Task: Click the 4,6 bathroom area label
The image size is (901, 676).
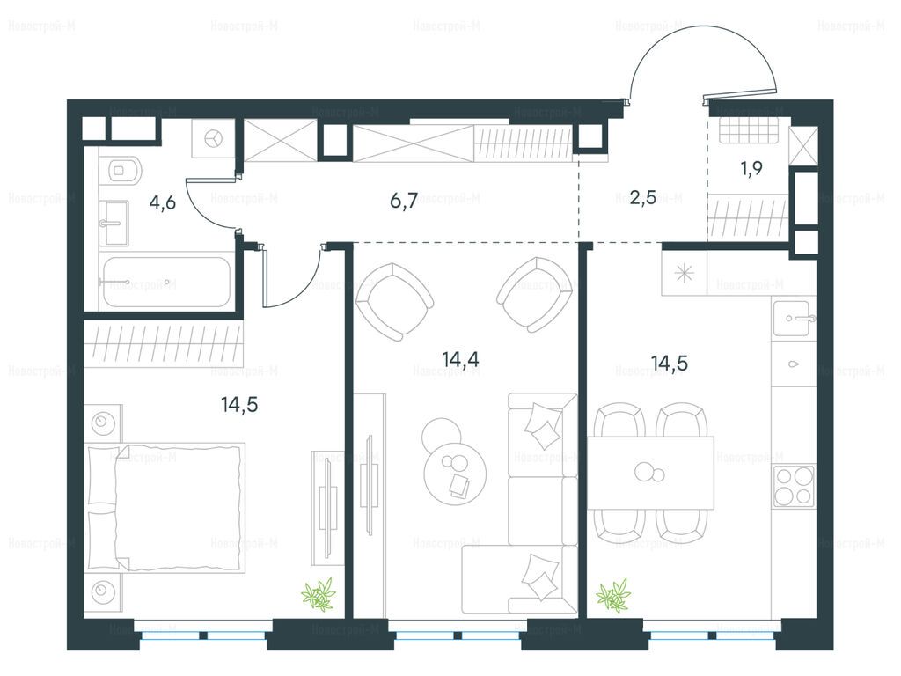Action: pos(162,203)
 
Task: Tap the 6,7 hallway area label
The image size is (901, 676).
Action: pos(404,202)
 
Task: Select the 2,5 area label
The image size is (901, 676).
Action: pos(643,200)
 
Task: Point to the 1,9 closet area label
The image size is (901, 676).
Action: pos(751,168)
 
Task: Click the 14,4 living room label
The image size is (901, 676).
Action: pos(461,359)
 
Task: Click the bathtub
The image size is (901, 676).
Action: pos(165,282)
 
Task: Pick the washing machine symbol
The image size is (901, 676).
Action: pos(213,138)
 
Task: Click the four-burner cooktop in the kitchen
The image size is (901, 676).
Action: pos(794,486)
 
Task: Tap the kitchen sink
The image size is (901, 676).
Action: pos(794,317)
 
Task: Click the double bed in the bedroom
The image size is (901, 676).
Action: pos(165,508)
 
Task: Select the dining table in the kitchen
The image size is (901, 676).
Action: pos(650,473)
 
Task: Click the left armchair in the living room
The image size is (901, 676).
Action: pos(394,301)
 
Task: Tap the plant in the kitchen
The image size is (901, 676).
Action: pos(613,595)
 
